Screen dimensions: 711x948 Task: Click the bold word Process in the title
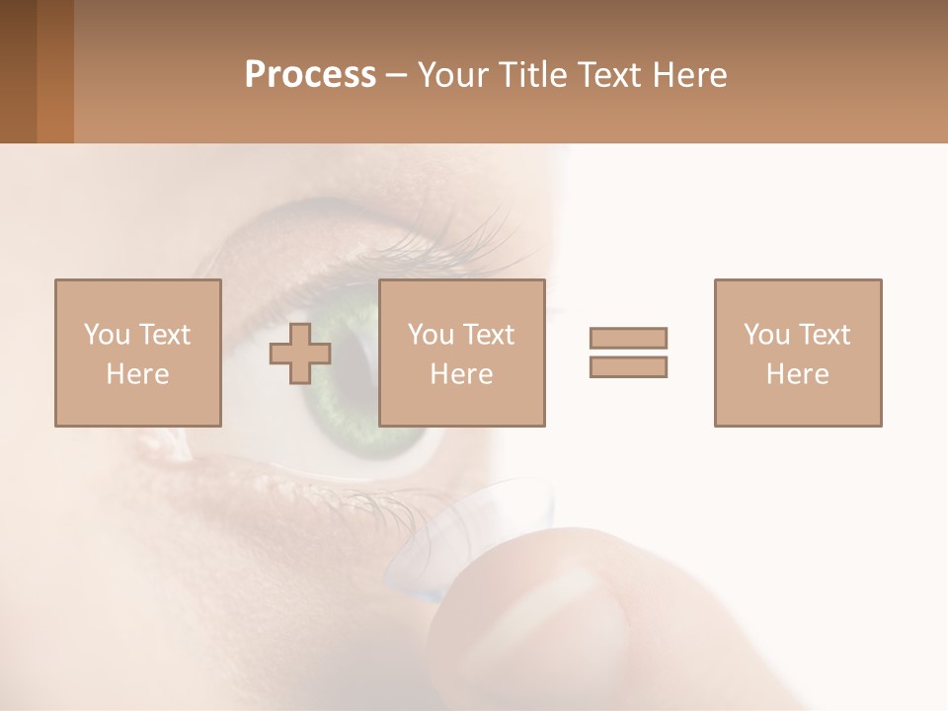(x=310, y=75)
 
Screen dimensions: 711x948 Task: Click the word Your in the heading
(x=451, y=75)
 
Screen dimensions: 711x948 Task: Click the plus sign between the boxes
(x=300, y=354)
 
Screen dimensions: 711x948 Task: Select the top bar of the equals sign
(x=628, y=338)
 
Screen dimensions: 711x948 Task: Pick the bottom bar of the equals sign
(x=628, y=366)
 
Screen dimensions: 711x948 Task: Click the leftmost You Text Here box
(x=138, y=353)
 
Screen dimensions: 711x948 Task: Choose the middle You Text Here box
(x=462, y=353)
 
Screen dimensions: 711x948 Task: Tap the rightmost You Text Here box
(x=798, y=353)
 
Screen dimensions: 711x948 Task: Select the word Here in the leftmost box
(x=137, y=373)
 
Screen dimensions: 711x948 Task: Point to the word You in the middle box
(x=431, y=335)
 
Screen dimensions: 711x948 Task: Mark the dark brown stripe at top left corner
(x=18, y=71)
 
